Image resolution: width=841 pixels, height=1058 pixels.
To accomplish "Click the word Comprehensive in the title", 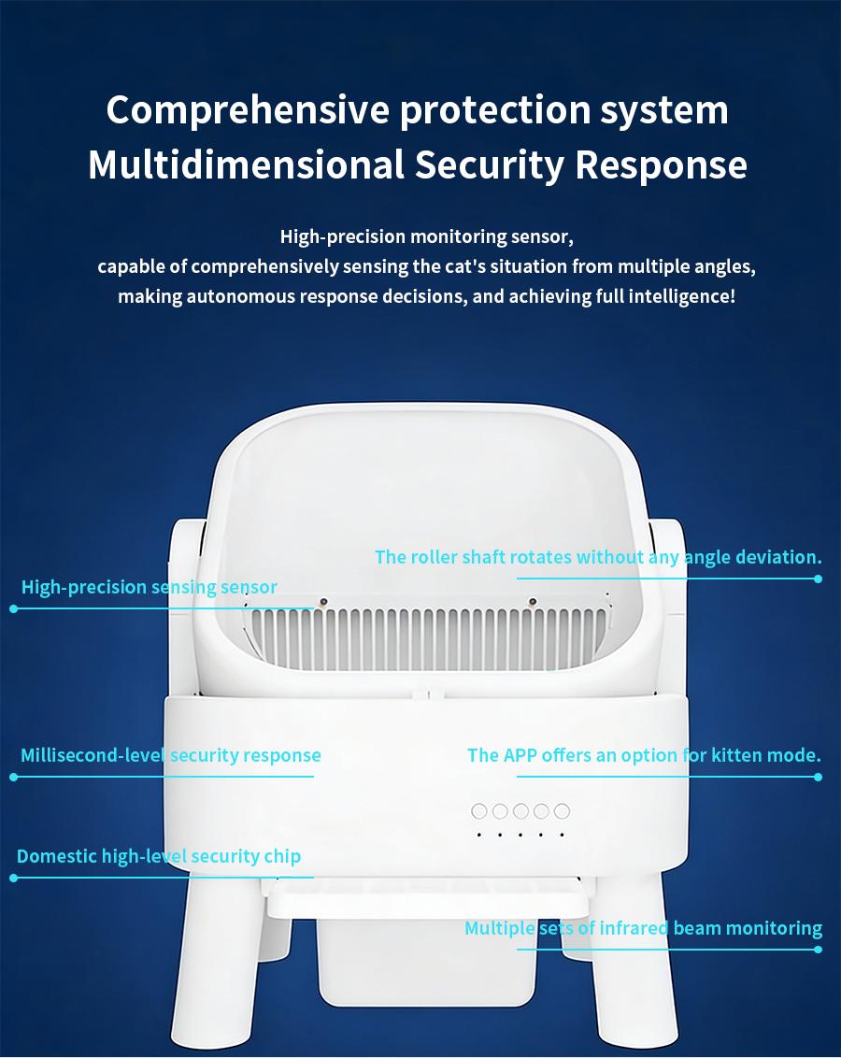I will pos(248,110).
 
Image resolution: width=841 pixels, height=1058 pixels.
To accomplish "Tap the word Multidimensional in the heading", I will pos(246,165).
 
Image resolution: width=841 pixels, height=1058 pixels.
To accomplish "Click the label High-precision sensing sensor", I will pos(150,588).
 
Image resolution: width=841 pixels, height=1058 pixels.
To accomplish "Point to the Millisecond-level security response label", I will pos(171,755).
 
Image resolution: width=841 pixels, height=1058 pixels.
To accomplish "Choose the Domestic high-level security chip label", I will pos(159,856).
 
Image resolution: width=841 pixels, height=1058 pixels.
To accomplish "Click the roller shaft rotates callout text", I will pos(598,557).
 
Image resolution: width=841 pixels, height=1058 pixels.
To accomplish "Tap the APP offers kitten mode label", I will pos(644,755).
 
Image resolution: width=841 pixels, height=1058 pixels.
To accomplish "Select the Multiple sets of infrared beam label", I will pos(643,928).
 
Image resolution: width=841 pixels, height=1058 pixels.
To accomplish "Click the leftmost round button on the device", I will pos(479,811).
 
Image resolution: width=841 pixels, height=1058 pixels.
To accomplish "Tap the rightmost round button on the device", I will pos(562,811).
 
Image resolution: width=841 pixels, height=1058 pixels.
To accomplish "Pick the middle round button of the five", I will pos(520,811).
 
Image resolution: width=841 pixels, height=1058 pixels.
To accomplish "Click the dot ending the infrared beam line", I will pos(818,950).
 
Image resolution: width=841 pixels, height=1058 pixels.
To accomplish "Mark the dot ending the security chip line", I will pos(13,878).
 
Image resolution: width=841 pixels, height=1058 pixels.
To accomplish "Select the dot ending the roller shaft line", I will pos(818,579).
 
